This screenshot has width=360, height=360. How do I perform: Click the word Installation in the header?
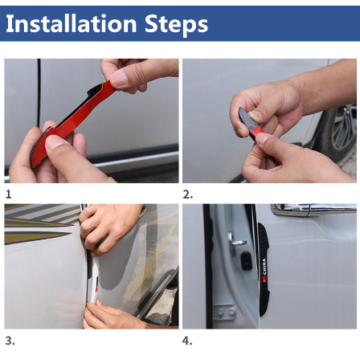click(72, 23)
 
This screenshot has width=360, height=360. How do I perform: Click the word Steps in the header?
click(177, 25)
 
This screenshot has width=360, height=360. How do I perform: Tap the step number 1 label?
click(8, 194)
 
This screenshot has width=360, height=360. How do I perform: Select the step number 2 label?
click(187, 194)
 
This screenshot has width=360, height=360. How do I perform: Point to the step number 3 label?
click(10, 341)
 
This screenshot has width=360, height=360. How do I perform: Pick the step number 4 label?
click(187, 341)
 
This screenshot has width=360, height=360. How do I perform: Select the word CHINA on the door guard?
click(264, 267)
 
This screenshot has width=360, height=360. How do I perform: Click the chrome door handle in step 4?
click(313, 209)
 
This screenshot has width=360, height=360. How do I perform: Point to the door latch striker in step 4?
click(235, 242)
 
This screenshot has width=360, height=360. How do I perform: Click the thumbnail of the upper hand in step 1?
click(119, 80)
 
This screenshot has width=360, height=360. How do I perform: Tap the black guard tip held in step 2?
click(247, 119)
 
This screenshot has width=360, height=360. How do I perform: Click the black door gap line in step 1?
click(39, 94)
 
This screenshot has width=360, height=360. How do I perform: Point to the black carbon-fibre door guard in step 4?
click(264, 269)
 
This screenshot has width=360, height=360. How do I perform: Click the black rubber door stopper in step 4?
click(246, 261)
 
